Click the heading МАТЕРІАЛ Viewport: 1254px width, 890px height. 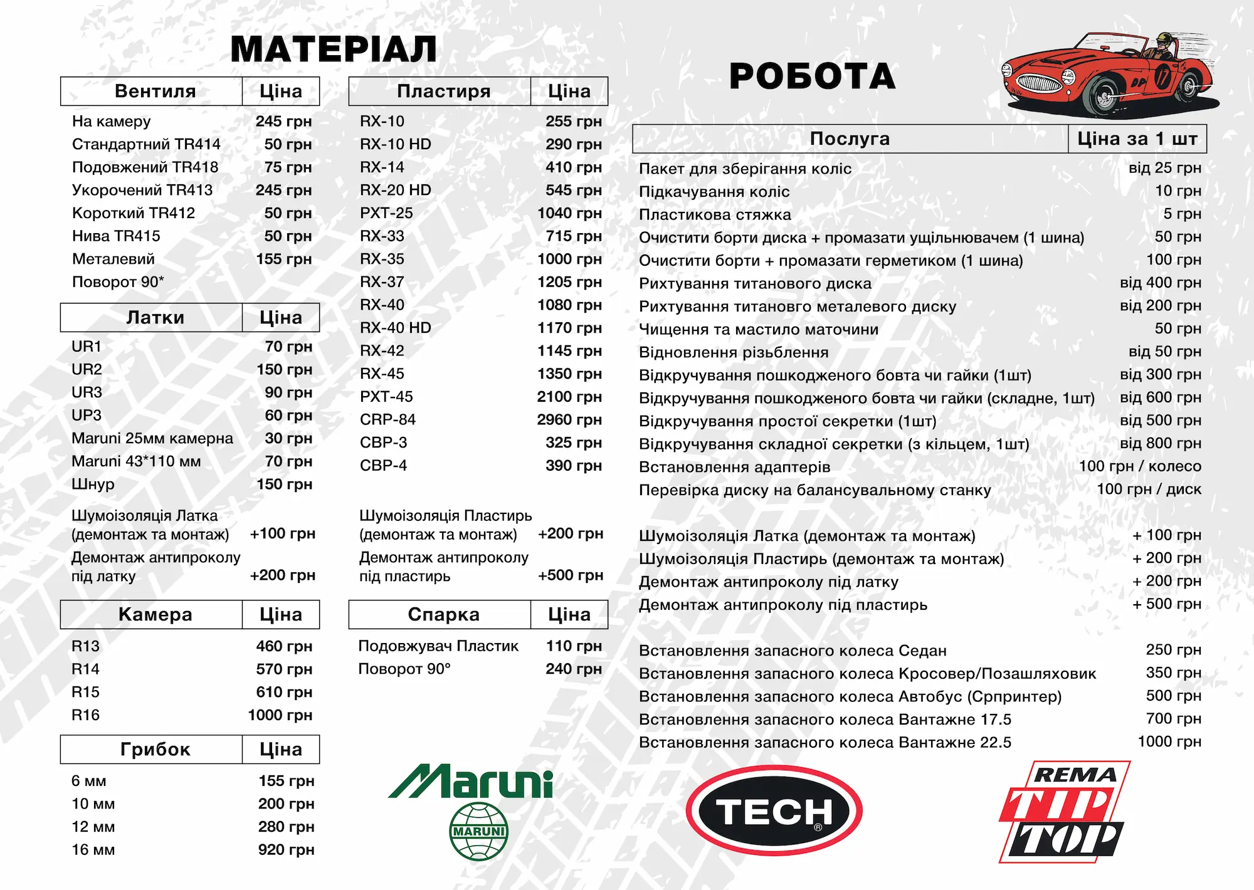click(x=334, y=49)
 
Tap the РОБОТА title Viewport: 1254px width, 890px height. click(x=813, y=76)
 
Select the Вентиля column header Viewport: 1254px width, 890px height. click(x=155, y=92)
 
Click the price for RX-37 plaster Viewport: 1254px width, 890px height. click(x=569, y=282)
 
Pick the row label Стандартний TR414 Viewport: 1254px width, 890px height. click(x=146, y=144)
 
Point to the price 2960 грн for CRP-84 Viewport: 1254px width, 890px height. click(x=569, y=419)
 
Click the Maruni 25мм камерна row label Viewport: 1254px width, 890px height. click(x=152, y=438)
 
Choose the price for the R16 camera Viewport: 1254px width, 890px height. click(x=280, y=715)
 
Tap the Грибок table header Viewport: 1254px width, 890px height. click(x=155, y=750)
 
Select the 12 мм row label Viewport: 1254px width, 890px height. click(x=93, y=827)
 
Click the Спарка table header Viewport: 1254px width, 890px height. click(x=443, y=615)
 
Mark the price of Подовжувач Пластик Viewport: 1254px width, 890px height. click(x=574, y=646)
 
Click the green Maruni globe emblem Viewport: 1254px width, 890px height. click(x=479, y=831)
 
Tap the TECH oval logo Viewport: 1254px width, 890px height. click(x=774, y=811)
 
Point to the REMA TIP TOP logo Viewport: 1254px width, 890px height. click(x=1063, y=812)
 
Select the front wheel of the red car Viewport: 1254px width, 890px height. click(x=1105, y=95)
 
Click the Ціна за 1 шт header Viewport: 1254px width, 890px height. click(x=1137, y=139)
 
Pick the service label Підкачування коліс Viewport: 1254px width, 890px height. click(x=714, y=192)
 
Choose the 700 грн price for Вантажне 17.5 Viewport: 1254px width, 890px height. click(x=1174, y=719)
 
